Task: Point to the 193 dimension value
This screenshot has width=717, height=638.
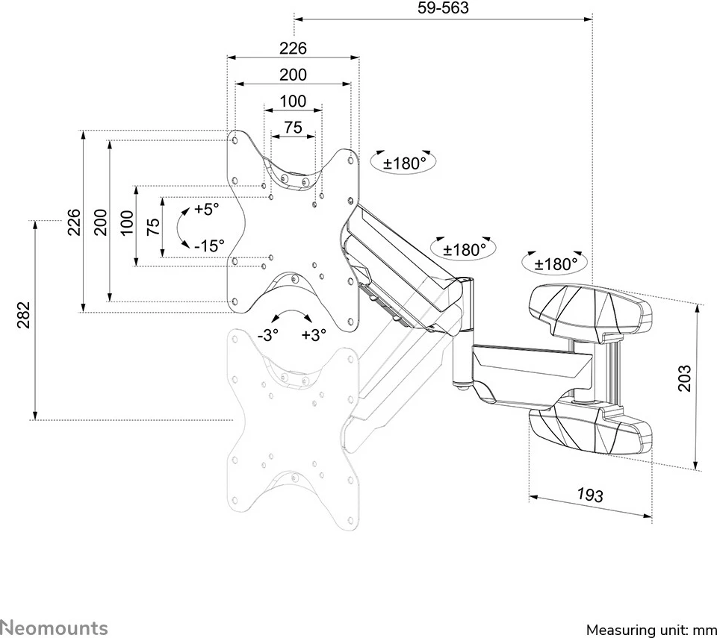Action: (589, 495)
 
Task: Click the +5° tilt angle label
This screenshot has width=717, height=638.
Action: (207, 209)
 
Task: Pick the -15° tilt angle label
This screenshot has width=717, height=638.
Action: (208, 245)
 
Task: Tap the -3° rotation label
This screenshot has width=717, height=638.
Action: (267, 335)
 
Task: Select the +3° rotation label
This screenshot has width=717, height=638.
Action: (314, 335)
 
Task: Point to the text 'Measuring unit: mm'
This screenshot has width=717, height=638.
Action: (651, 630)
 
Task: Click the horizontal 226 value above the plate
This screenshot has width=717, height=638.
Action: (293, 49)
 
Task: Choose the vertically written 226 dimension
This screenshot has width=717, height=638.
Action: (74, 222)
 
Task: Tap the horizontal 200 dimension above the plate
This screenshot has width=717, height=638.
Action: (293, 75)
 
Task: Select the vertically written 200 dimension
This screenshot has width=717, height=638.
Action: (101, 222)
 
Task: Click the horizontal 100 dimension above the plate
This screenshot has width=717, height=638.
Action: (293, 101)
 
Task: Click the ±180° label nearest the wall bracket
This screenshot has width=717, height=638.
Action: (556, 263)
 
